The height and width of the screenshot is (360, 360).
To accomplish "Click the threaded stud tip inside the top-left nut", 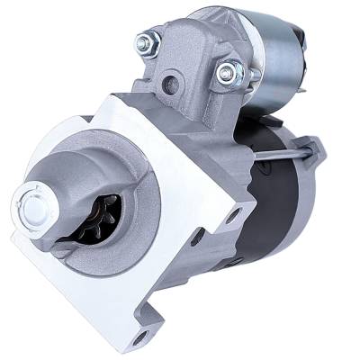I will point(145,39).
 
